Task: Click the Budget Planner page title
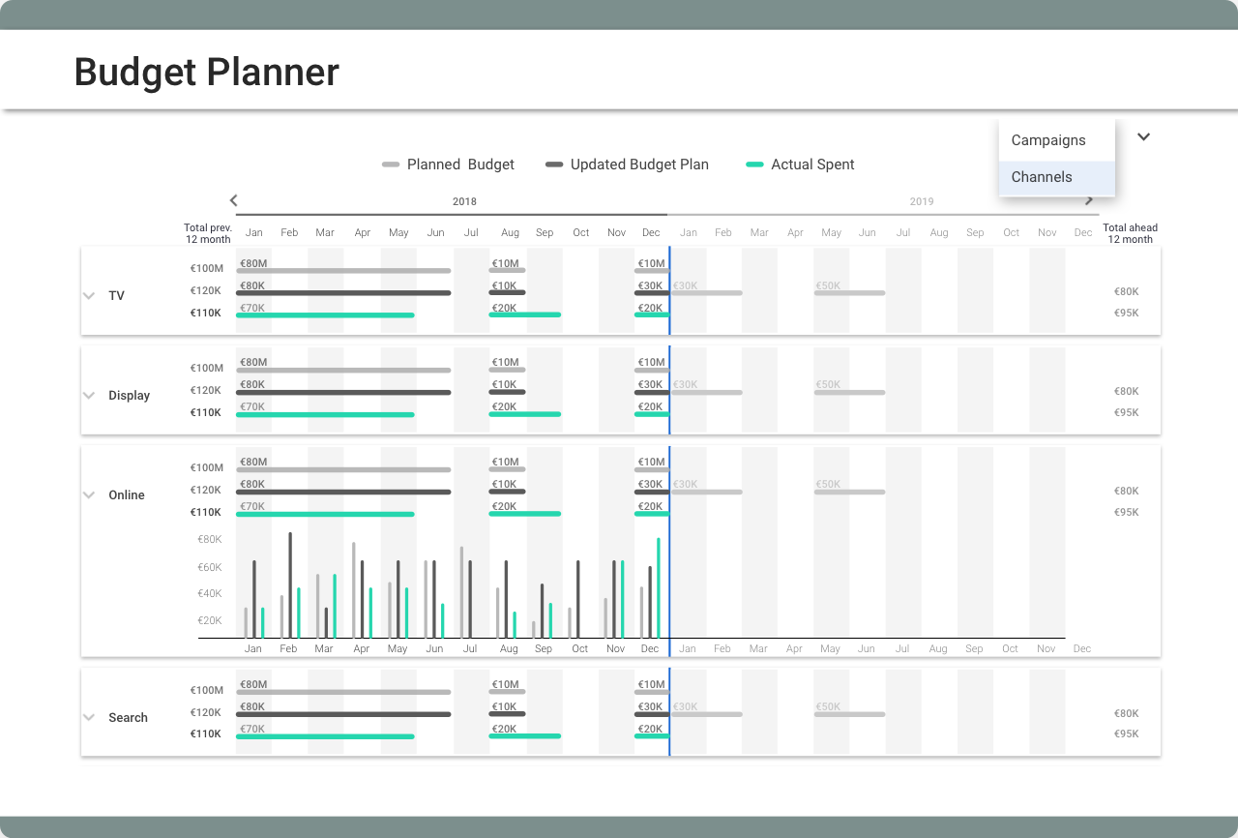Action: pyautogui.click(x=206, y=73)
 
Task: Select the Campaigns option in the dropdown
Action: pyautogui.click(x=1048, y=140)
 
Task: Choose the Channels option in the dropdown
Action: pyautogui.click(x=1042, y=177)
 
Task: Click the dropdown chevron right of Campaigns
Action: pyautogui.click(x=1143, y=137)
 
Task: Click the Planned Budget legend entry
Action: pyautogui.click(x=449, y=165)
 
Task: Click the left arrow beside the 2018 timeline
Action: pyautogui.click(x=233, y=200)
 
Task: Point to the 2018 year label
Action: pyautogui.click(x=464, y=201)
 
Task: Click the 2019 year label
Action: pyautogui.click(x=921, y=201)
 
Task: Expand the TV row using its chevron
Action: pyautogui.click(x=89, y=296)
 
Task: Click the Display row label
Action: pyautogui.click(x=129, y=396)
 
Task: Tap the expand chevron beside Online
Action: pyautogui.click(x=89, y=495)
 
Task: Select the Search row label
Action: pyautogui.click(x=128, y=718)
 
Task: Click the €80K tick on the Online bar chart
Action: pyautogui.click(x=210, y=540)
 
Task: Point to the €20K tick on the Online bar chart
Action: pyautogui.click(x=210, y=621)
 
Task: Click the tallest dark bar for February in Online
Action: pyautogui.click(x=290, y=584)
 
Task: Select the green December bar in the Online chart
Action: pyautogui.click(x=659, y=587)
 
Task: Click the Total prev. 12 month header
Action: pyautogui.click(x=208, y=233)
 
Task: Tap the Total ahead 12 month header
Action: pyautogui.click(x=1130, y=233)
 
